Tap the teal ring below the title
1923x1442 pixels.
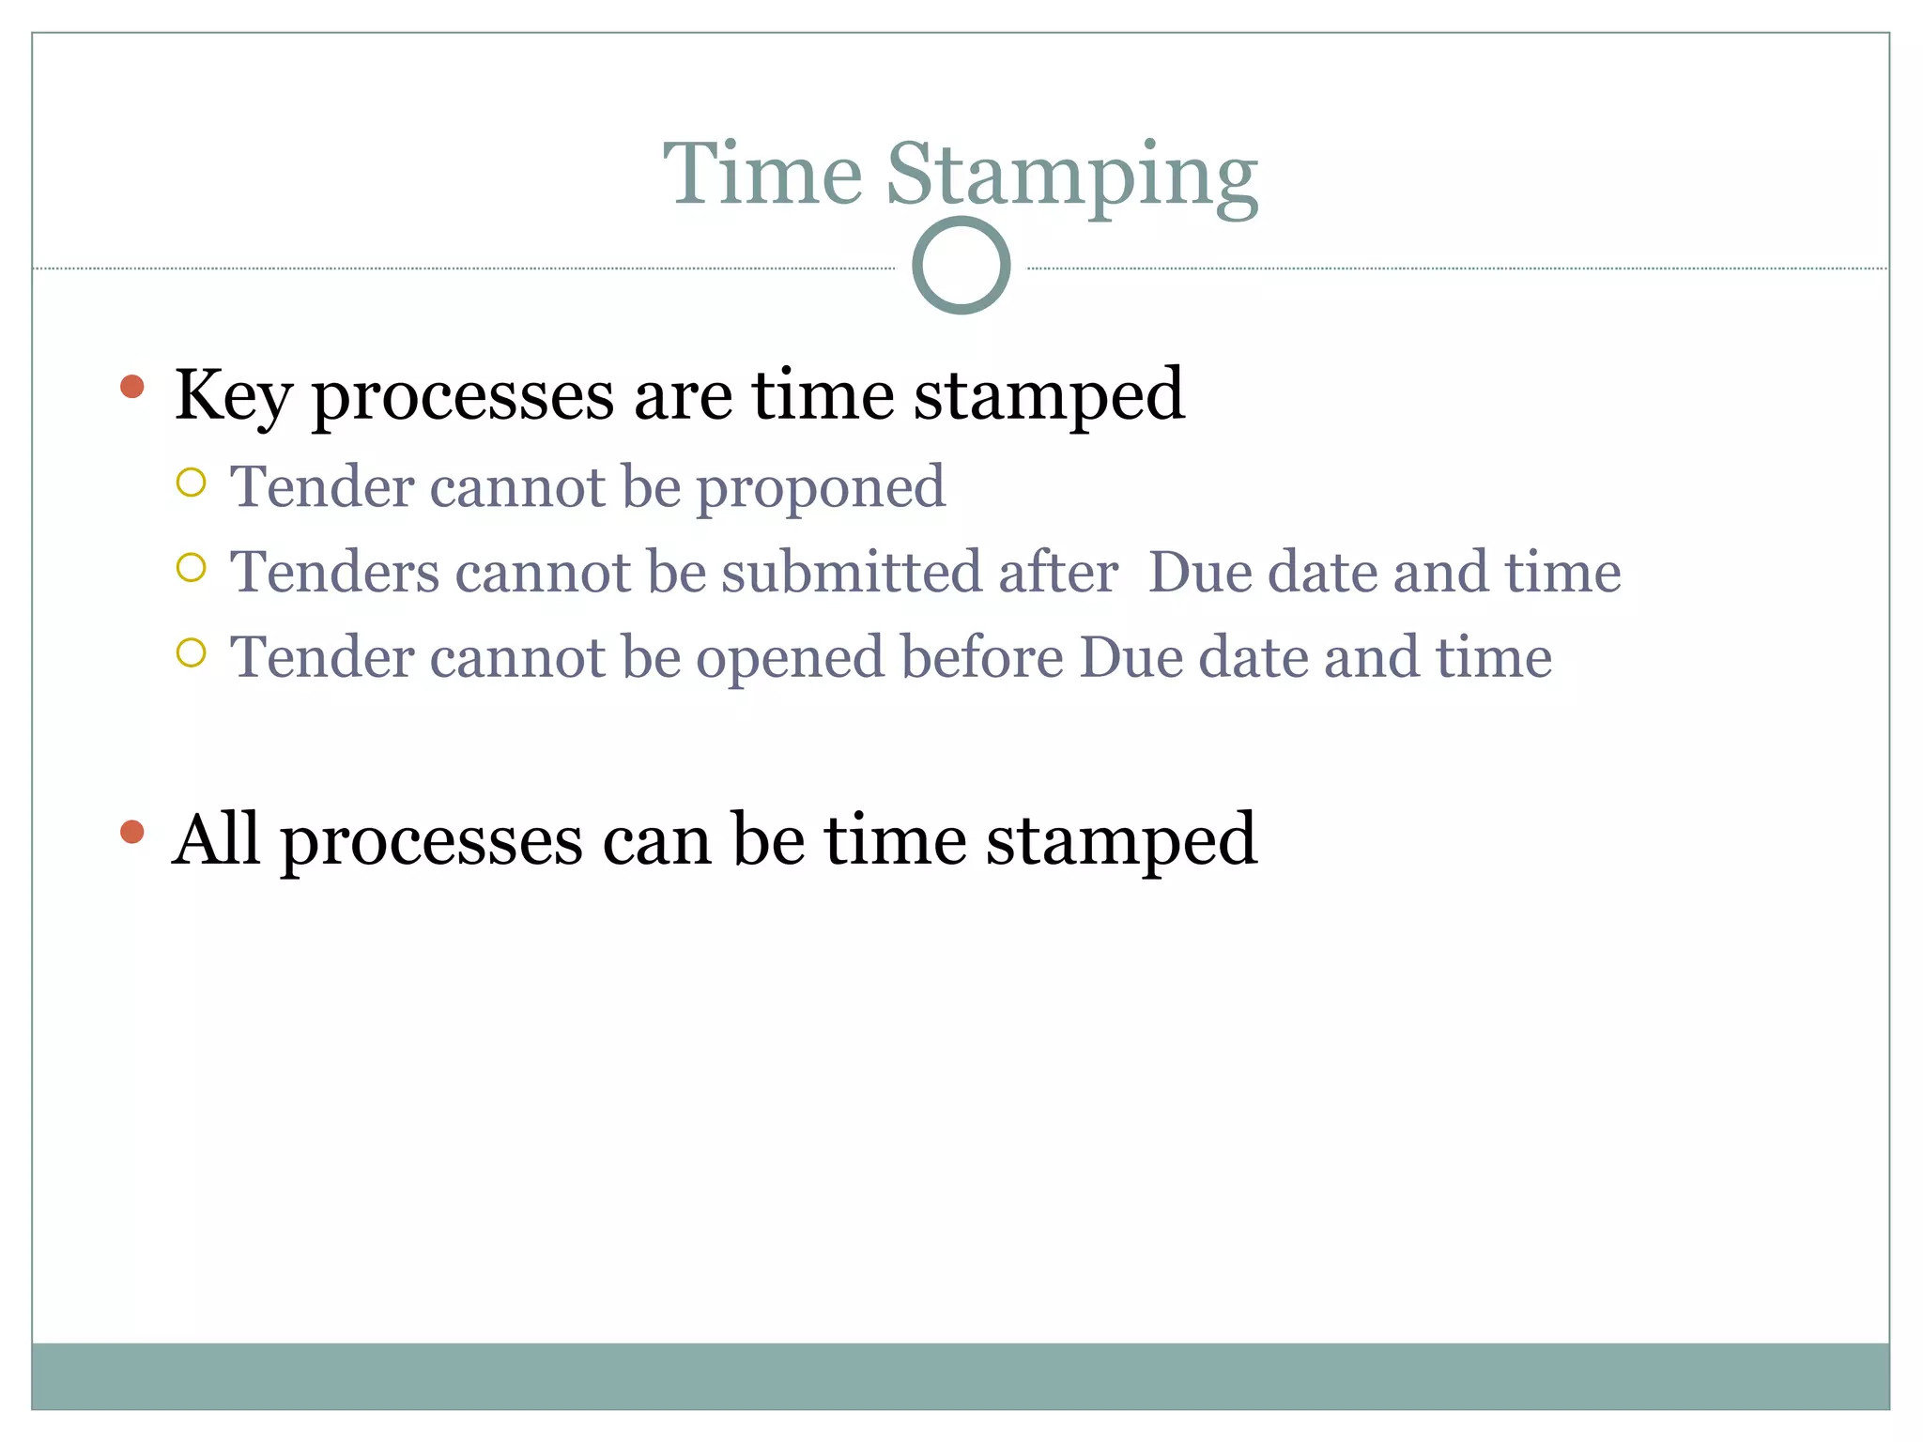(961, 266)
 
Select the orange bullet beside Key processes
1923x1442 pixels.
(132, 386)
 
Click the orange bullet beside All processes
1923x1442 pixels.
(132, 832)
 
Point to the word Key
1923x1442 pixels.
(233, 396)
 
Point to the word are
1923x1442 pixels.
(683, 396)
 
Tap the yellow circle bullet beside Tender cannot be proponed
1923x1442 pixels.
(191, 483)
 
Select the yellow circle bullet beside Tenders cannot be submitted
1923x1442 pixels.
(191, 567)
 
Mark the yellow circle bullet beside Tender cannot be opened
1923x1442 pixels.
(191, 652)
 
